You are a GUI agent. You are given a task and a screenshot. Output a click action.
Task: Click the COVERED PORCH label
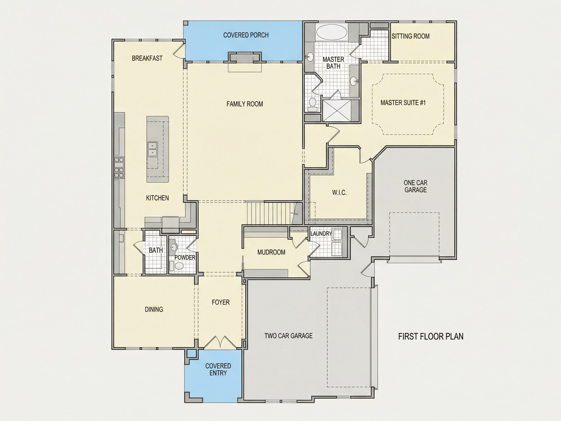[246, 35]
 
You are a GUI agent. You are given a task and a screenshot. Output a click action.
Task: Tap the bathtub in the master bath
[332, 32]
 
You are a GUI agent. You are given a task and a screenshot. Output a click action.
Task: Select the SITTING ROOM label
[410, 36]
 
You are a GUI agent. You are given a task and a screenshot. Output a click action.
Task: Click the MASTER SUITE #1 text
[403, 103]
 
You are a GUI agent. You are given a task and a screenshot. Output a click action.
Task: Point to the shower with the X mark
[337, 111]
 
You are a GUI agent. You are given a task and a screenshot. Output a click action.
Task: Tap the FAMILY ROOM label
[245, 104]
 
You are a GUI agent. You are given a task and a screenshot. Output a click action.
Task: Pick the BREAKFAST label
[147, 58]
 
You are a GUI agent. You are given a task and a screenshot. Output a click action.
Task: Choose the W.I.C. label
[339, 193]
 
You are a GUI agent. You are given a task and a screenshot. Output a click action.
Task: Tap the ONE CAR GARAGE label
[415, 186]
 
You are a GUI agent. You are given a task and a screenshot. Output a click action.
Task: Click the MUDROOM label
[271, 252]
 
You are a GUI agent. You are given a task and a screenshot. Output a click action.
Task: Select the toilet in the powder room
[178, 266]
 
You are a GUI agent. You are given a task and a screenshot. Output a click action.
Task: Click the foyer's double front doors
[221, 342]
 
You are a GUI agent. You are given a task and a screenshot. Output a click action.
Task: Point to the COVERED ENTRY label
[218, 370]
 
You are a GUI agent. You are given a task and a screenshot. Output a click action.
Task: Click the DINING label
[154, 309]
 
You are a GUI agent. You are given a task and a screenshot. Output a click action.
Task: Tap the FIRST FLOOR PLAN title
[431, 336]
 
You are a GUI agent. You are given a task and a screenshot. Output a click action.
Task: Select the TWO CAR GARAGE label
[289, 336]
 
